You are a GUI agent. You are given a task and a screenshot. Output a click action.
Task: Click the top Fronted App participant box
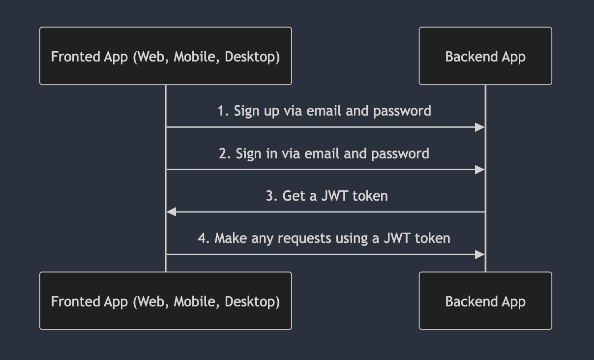point(165,56)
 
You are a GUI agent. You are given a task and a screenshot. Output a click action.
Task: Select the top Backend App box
point(485,56)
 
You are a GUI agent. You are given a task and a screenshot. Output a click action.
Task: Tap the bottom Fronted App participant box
point(165,301)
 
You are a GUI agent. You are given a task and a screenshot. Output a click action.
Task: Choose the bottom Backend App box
point(485,301)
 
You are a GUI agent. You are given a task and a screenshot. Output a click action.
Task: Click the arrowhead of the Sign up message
point(479,127)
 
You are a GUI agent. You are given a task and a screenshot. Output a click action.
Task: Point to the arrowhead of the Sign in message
point(479,170)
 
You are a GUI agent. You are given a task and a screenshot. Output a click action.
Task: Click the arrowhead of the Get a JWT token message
point(172,212)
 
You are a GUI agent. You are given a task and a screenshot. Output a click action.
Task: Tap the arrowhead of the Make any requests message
point(479,254)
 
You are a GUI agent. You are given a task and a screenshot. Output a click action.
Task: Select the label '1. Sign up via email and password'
point(324,111)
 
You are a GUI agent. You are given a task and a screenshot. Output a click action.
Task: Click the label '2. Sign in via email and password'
point(324,153)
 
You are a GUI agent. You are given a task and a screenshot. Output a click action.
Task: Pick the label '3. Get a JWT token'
point(327,196)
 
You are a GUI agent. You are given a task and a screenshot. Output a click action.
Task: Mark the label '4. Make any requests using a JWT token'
point(324,238)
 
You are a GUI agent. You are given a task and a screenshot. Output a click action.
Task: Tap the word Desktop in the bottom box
point(252,301)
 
